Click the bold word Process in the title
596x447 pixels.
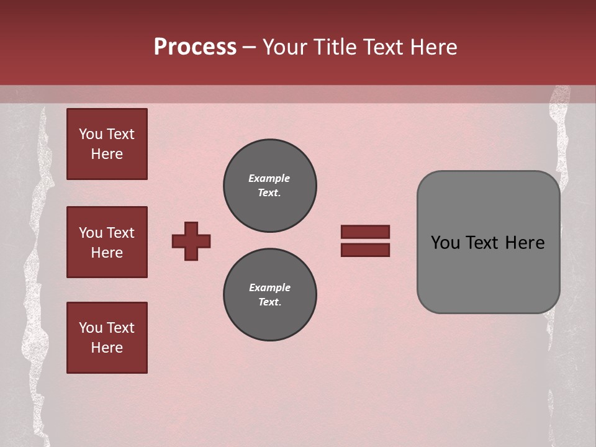tap(195, 47)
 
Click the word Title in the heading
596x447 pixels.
tap(333, 47)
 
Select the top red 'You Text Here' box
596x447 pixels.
tap(107, 144)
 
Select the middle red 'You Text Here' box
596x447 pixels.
tap(107, 242)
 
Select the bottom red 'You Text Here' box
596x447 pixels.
tap(107, 338)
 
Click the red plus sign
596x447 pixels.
tap(191, 241)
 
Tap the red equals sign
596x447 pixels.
tap(365, 241)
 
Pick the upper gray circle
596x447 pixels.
tap(270, 186)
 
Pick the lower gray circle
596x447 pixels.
tap(270, 295)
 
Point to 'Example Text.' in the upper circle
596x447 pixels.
tap(269, 186)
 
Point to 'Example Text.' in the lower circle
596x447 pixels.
tap(269, 295)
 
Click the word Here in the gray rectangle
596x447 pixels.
tap(525, 243)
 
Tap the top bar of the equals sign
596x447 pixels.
tap(365, 232)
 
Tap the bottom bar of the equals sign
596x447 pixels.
tap(365, 250)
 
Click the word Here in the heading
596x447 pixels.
tap(434, 47)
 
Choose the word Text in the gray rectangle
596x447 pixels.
tap(484, 243)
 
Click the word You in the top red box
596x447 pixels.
tap(91, 134)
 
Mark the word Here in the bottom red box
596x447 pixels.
tap(107, 348)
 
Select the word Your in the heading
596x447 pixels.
tap(284, 47)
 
